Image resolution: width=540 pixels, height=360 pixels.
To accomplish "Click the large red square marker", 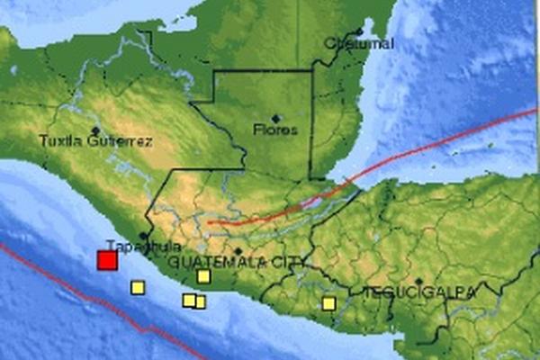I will coord(107,260).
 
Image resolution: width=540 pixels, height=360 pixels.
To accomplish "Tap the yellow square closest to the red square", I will coord(138,287).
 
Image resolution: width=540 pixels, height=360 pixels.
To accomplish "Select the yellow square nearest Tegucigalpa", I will coord(328,303).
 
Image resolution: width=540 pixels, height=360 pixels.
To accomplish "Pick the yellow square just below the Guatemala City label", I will coord(203,276).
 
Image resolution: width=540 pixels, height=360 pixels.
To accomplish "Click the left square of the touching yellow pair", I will coord(189,301).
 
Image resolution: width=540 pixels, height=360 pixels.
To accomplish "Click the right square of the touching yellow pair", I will coord(200,302).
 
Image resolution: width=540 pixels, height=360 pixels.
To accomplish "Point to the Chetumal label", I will coord(347,42).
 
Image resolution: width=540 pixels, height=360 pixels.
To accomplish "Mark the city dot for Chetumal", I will coord(333,31).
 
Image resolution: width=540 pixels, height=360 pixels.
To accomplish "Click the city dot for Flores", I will coord(275,118).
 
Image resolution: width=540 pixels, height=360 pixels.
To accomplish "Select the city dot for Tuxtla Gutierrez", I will coord(94,130).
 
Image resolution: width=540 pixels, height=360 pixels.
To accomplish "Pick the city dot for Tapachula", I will coord(142,236).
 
